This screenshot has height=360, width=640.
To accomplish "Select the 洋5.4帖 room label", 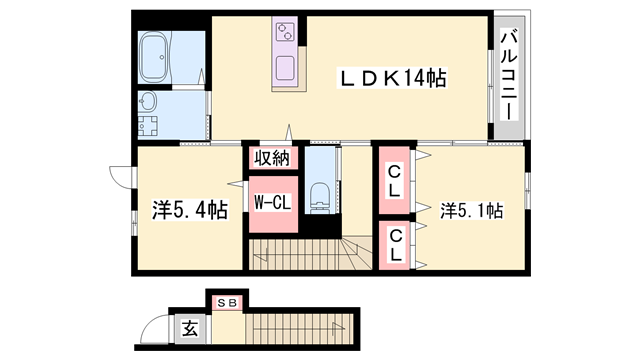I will pyautogui.click(x=189, y=210).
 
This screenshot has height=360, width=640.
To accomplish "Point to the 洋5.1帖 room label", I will pyautogui.click(x=470, y=210).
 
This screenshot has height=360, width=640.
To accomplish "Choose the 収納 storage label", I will pyautogui.click(x=271, y=158).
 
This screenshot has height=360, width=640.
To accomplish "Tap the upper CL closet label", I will pyautogui.click(x=395, y=180).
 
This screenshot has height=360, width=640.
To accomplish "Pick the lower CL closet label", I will pyautogui.click(x=396, y=245).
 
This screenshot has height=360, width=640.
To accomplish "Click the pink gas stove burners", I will pyautogui.click(x=284, y=32).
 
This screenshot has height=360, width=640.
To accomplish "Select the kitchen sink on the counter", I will pyautogui.click(x=284, y=70).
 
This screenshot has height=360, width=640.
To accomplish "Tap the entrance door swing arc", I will pyautogui.click(x=155, y=328).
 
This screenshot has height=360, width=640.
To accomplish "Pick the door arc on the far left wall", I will pyautogui.click(x=122, y=176).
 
